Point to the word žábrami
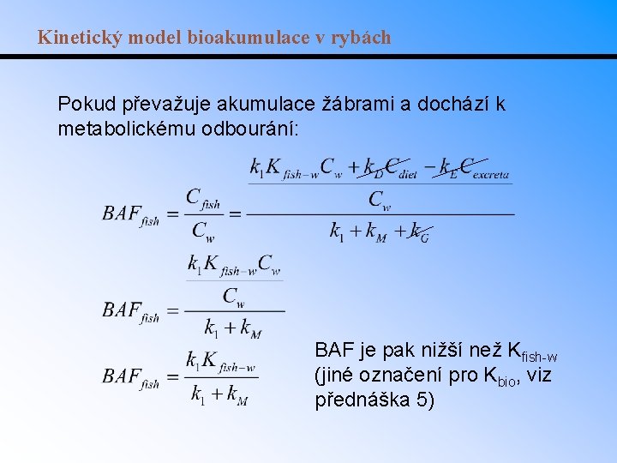pyautogui.click(x=350, y=105)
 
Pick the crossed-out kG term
pyautogui.click(x=420, y=231)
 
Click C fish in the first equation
pyautogui.click(x=203, y=199)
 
